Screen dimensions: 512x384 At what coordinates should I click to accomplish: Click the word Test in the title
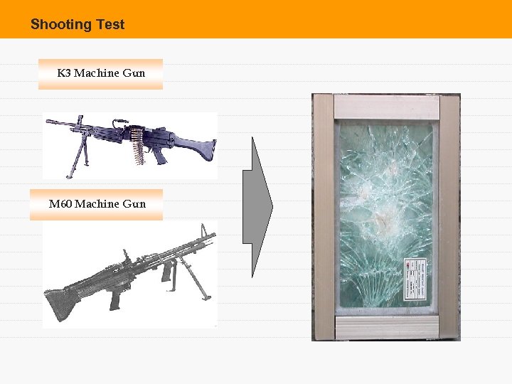tap(110, 25)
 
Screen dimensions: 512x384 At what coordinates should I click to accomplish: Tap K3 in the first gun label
tap(64, 73)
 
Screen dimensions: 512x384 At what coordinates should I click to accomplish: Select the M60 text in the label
tap(60, 204)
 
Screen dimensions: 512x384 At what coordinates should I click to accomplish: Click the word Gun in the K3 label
tap(134, 73)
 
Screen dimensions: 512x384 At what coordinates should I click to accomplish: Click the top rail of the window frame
tap(386, 107)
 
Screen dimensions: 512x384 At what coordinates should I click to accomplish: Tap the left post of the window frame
tap(324, 217)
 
